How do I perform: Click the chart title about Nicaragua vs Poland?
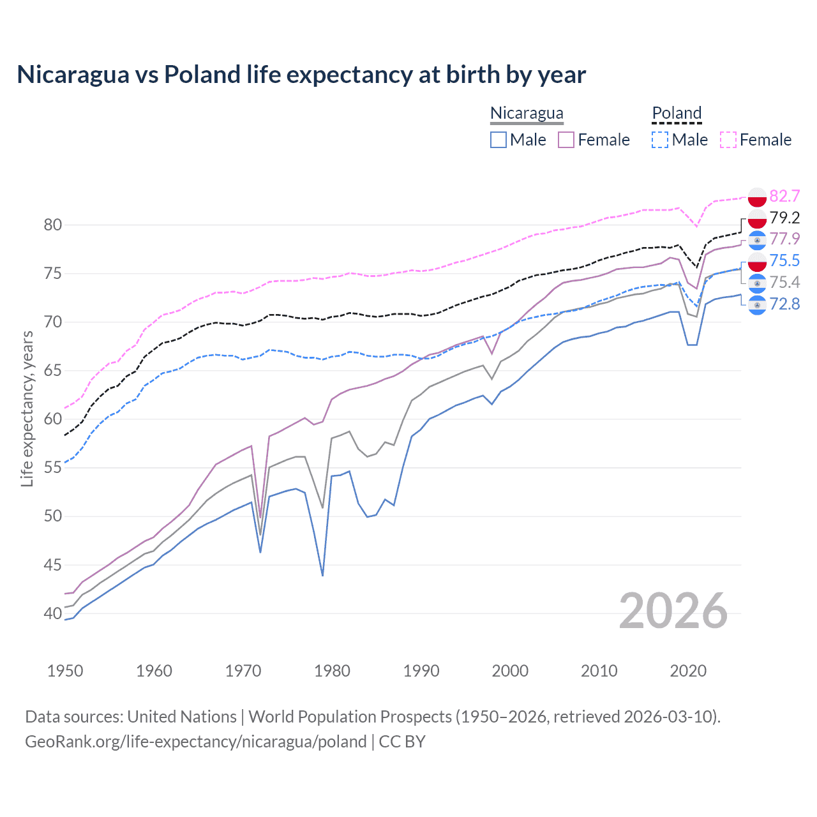pos(301,75)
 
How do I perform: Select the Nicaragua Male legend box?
pos(498,140)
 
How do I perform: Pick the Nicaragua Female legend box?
pos(566,140)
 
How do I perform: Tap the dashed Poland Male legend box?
pos(660,140)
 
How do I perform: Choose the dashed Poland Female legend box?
pos(728,140)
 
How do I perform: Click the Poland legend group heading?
pos(677,113)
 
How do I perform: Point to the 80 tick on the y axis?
pos(53,225)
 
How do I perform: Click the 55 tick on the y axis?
pos(53,468)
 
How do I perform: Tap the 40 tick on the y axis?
pos(53,613)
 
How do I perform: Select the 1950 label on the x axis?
pos(65,671)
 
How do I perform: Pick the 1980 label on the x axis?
pos(332,671)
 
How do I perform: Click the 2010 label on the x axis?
pos(599,671)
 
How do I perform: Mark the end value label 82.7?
pos(784,196)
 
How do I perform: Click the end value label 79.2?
pos(784,218)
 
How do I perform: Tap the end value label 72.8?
pos(784,304)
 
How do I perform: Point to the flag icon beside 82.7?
pos(757,197)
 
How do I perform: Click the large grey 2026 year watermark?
pos(673,611)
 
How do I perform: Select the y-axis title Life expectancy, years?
pos(27,408)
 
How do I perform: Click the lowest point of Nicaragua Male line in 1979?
pos(323,575)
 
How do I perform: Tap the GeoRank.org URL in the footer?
pos(195,742)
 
